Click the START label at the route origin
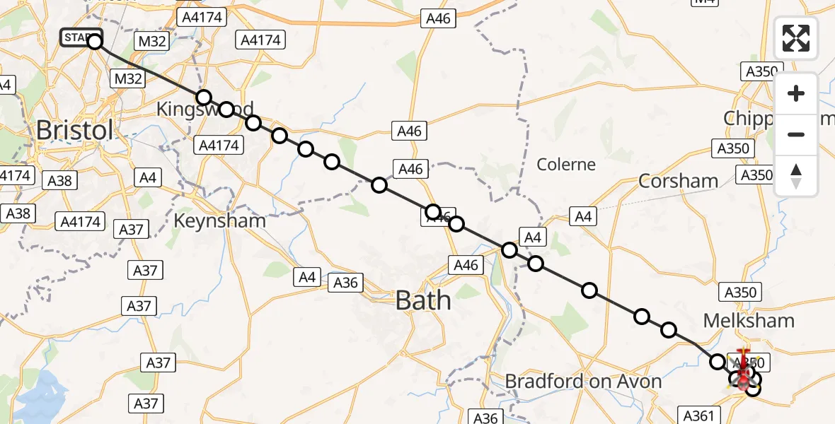coord(79,37)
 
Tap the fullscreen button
coord(796,38)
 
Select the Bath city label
coord(423,301)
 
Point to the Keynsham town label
coord(220,221)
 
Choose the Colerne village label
coord(566,165)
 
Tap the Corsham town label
coord(678,182)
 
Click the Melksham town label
coord(749,321)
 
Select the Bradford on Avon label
coord(583,382)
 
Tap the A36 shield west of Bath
coord(346,283)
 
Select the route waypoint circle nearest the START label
coord(95,42)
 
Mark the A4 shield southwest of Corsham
coord(583,217)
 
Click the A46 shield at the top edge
coord(438,19)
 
